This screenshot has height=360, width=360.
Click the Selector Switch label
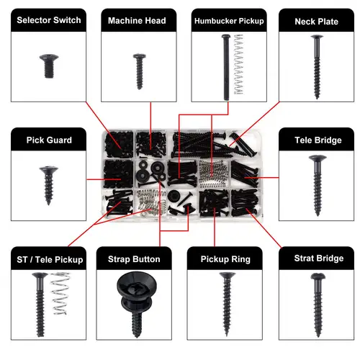pyautogui.click(x=50, y=20)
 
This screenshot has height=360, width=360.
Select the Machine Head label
pyautogui.click(x=137, y=20)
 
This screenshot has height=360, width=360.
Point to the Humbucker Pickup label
pyautogui.click(x=228, y=21)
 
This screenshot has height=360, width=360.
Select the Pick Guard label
pyautogui.click(x=49, y=140)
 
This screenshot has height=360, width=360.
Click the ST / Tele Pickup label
pyautogui.click(x=50, y=258)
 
